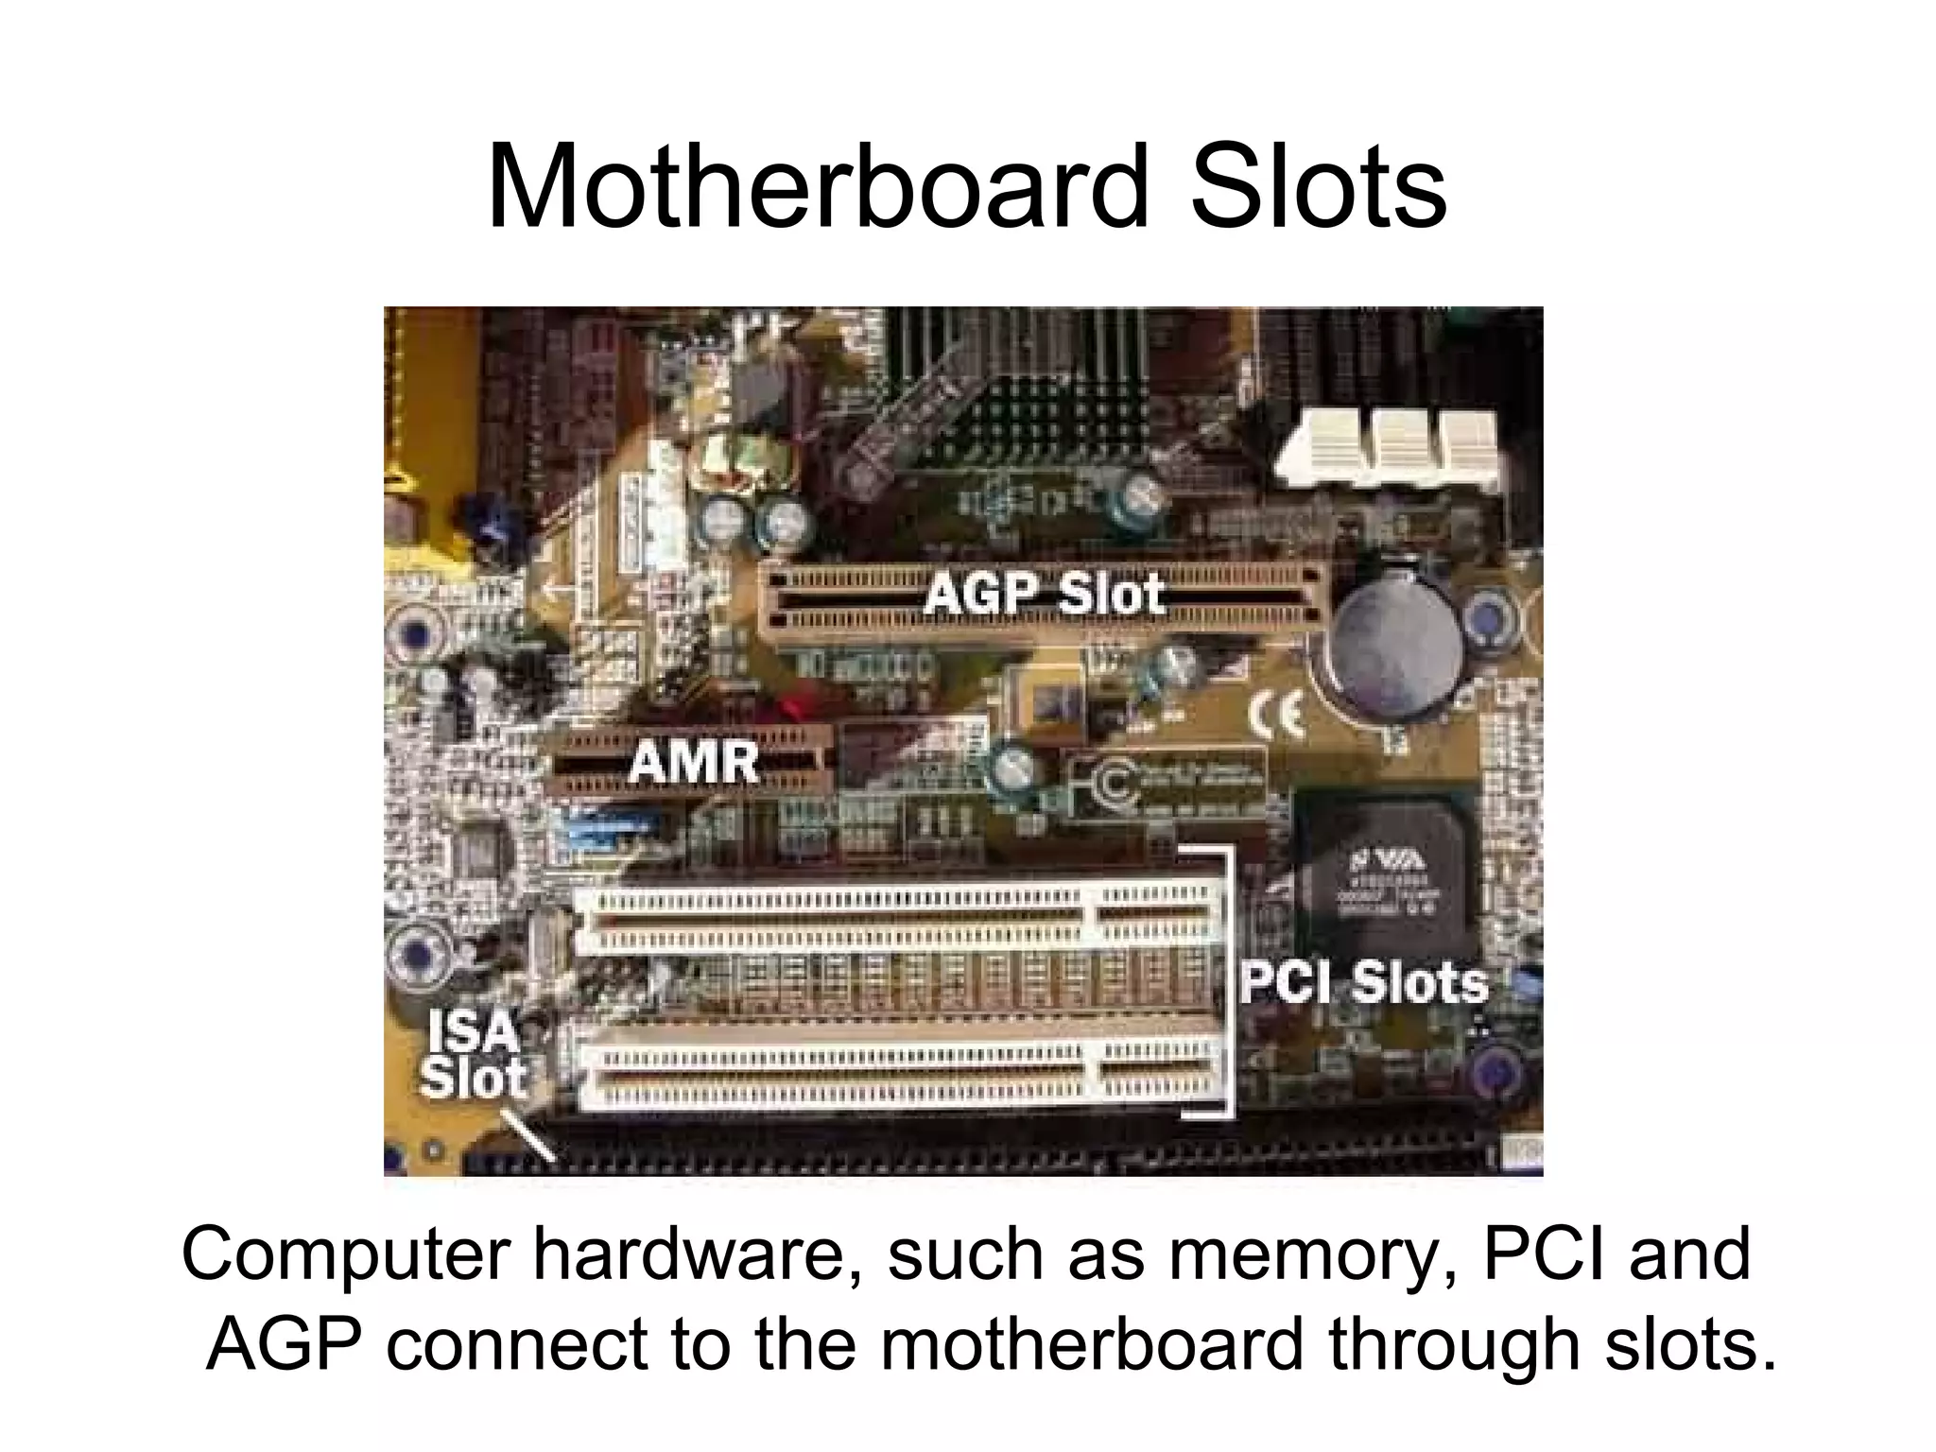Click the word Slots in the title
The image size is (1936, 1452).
coord(1318,186)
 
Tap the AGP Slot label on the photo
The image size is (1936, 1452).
coord(1045,595)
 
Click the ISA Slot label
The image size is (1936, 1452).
coord(473,1055)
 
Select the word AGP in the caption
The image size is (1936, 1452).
coord(284,1344)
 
